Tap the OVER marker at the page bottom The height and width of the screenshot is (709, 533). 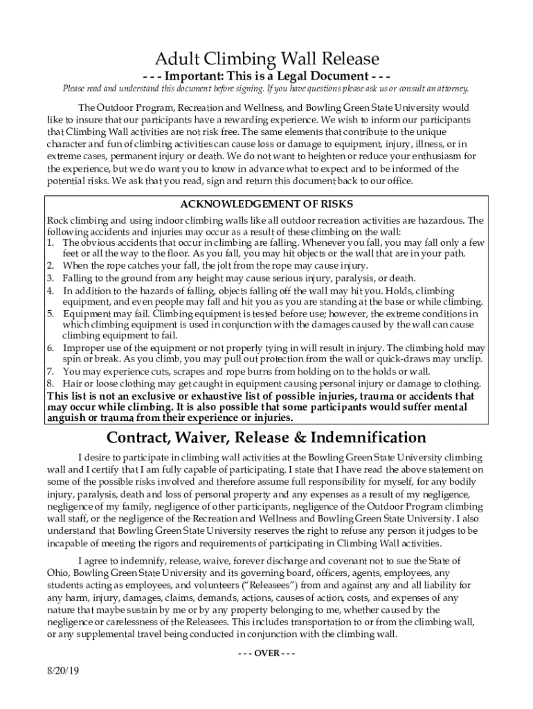pos(266,653)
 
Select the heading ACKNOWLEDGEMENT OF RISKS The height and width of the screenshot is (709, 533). pos(266,204)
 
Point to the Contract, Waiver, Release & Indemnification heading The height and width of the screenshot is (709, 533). pos(266,438)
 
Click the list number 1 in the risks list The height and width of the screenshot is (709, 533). pos(51,243)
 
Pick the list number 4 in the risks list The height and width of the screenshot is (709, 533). pos(51,290)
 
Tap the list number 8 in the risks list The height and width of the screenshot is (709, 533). pos(51,384)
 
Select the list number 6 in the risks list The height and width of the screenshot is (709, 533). pos(51,348)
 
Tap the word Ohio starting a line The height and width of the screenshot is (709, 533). pos(58,573)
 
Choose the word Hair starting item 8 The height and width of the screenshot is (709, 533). pos(73,384)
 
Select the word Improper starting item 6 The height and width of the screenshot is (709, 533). pos(84,348)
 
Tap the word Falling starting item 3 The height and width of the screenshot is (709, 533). pos(78,278)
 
